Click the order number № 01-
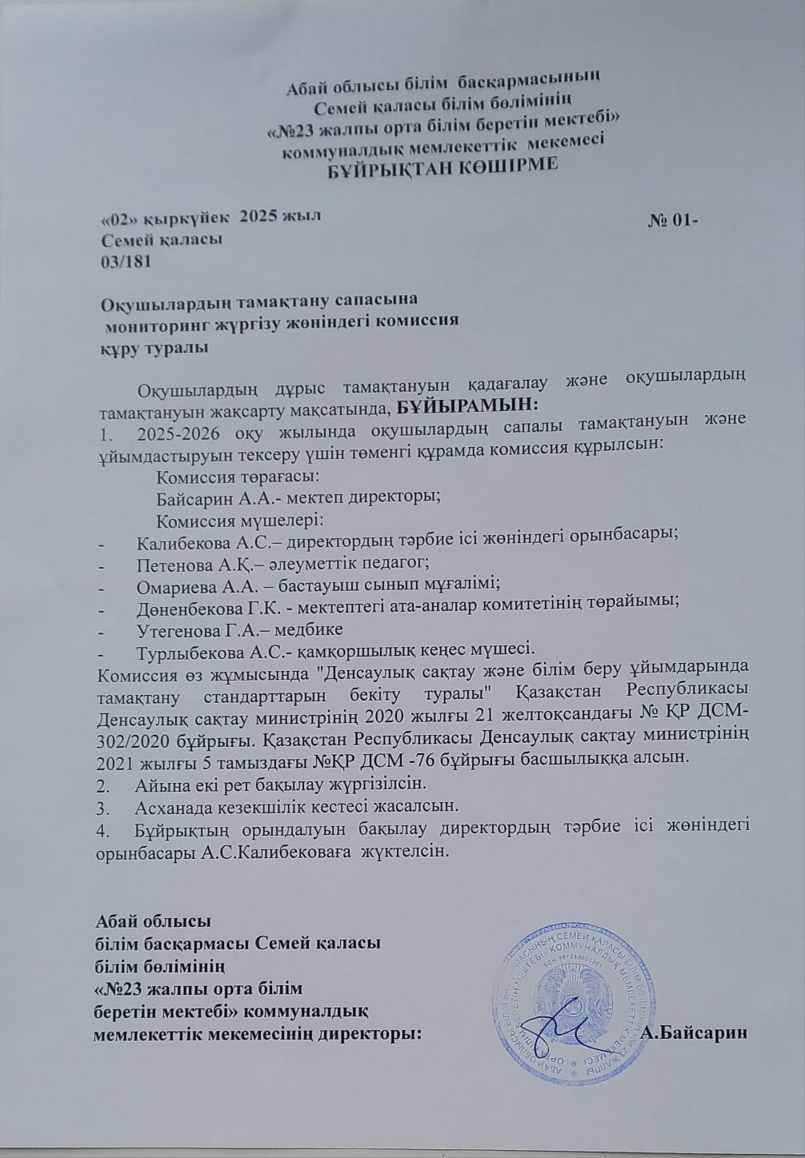pos(673,222)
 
